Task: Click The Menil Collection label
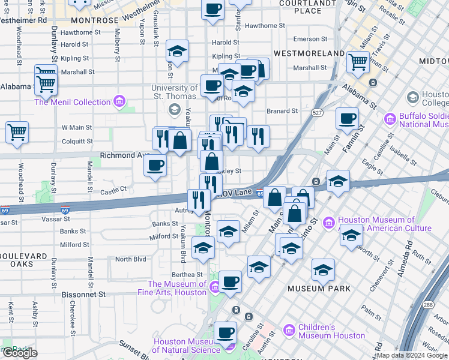tap(72, 102)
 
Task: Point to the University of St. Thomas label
tap(174, 92)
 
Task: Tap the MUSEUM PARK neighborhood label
tap(319, 289)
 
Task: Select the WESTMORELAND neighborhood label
tap(309, 53)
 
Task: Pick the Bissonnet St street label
tap(83, 295)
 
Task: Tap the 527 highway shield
tap(318, 112)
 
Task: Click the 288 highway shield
tap(444, 305)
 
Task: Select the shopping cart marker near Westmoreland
tap(358, 61)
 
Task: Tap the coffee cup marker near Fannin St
tap(347, 118)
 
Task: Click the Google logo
tap(19, 353)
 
